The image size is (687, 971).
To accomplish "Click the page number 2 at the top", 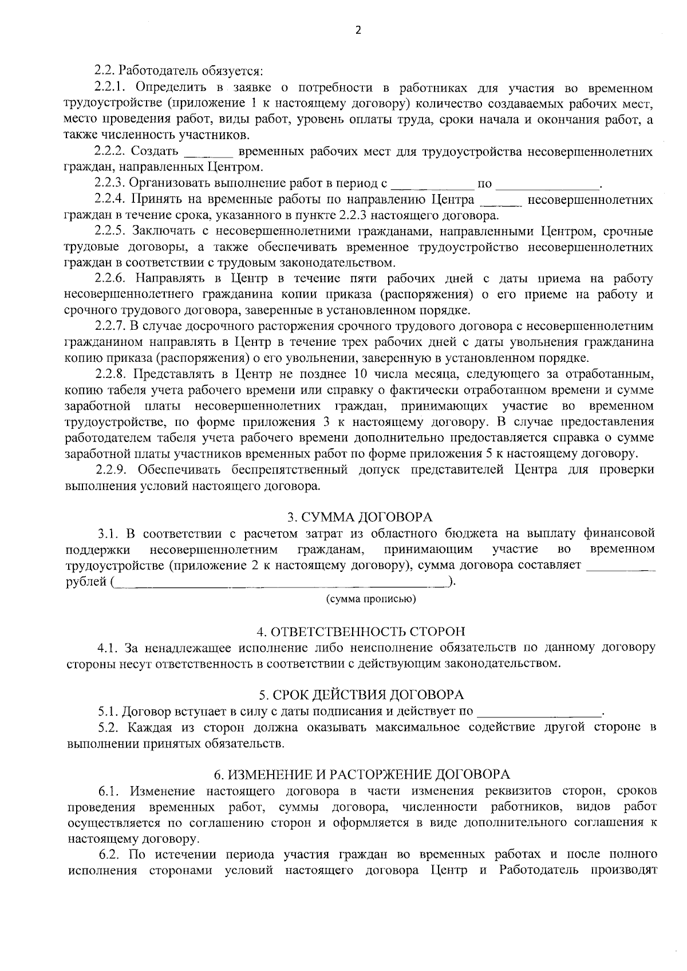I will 358,31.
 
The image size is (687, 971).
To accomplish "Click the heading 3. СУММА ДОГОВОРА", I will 360,518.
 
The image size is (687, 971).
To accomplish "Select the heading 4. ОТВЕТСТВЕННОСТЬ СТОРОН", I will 361,632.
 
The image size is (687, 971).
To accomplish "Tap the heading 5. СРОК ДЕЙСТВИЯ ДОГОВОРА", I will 361,695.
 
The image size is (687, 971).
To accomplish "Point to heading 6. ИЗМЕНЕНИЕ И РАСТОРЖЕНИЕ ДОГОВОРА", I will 361,775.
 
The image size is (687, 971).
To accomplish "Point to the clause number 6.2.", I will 109,855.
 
